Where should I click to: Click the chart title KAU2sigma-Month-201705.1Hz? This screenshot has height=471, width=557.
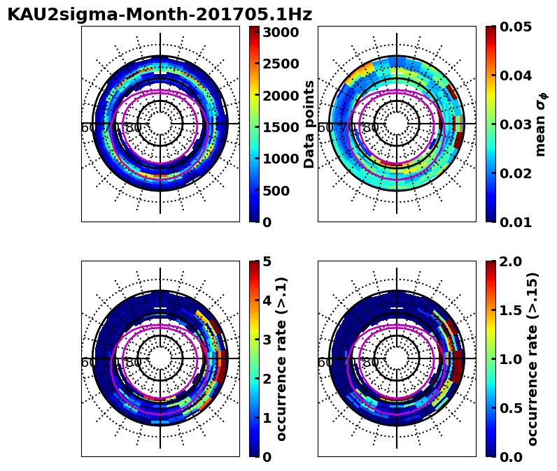coord(160,15)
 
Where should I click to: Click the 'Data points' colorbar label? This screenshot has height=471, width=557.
coord(309,124)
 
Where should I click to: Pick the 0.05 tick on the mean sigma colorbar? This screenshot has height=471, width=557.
coord(516,27)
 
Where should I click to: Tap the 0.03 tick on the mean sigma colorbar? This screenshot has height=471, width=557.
coord(516,124)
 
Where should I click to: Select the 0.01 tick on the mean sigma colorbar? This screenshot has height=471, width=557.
coord(516,222)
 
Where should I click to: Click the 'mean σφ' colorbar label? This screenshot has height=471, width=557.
coord(540,124)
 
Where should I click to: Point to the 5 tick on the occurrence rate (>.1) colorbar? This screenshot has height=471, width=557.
coord(267,261)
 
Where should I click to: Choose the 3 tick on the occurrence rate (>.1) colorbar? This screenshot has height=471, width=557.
coord(267,340)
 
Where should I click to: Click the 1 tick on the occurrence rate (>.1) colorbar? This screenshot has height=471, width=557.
coord(267,418)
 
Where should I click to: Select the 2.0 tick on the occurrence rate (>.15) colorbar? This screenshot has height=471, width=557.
coord(511,261)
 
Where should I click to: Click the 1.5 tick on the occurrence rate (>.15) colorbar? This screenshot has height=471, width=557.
coord(511,310)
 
